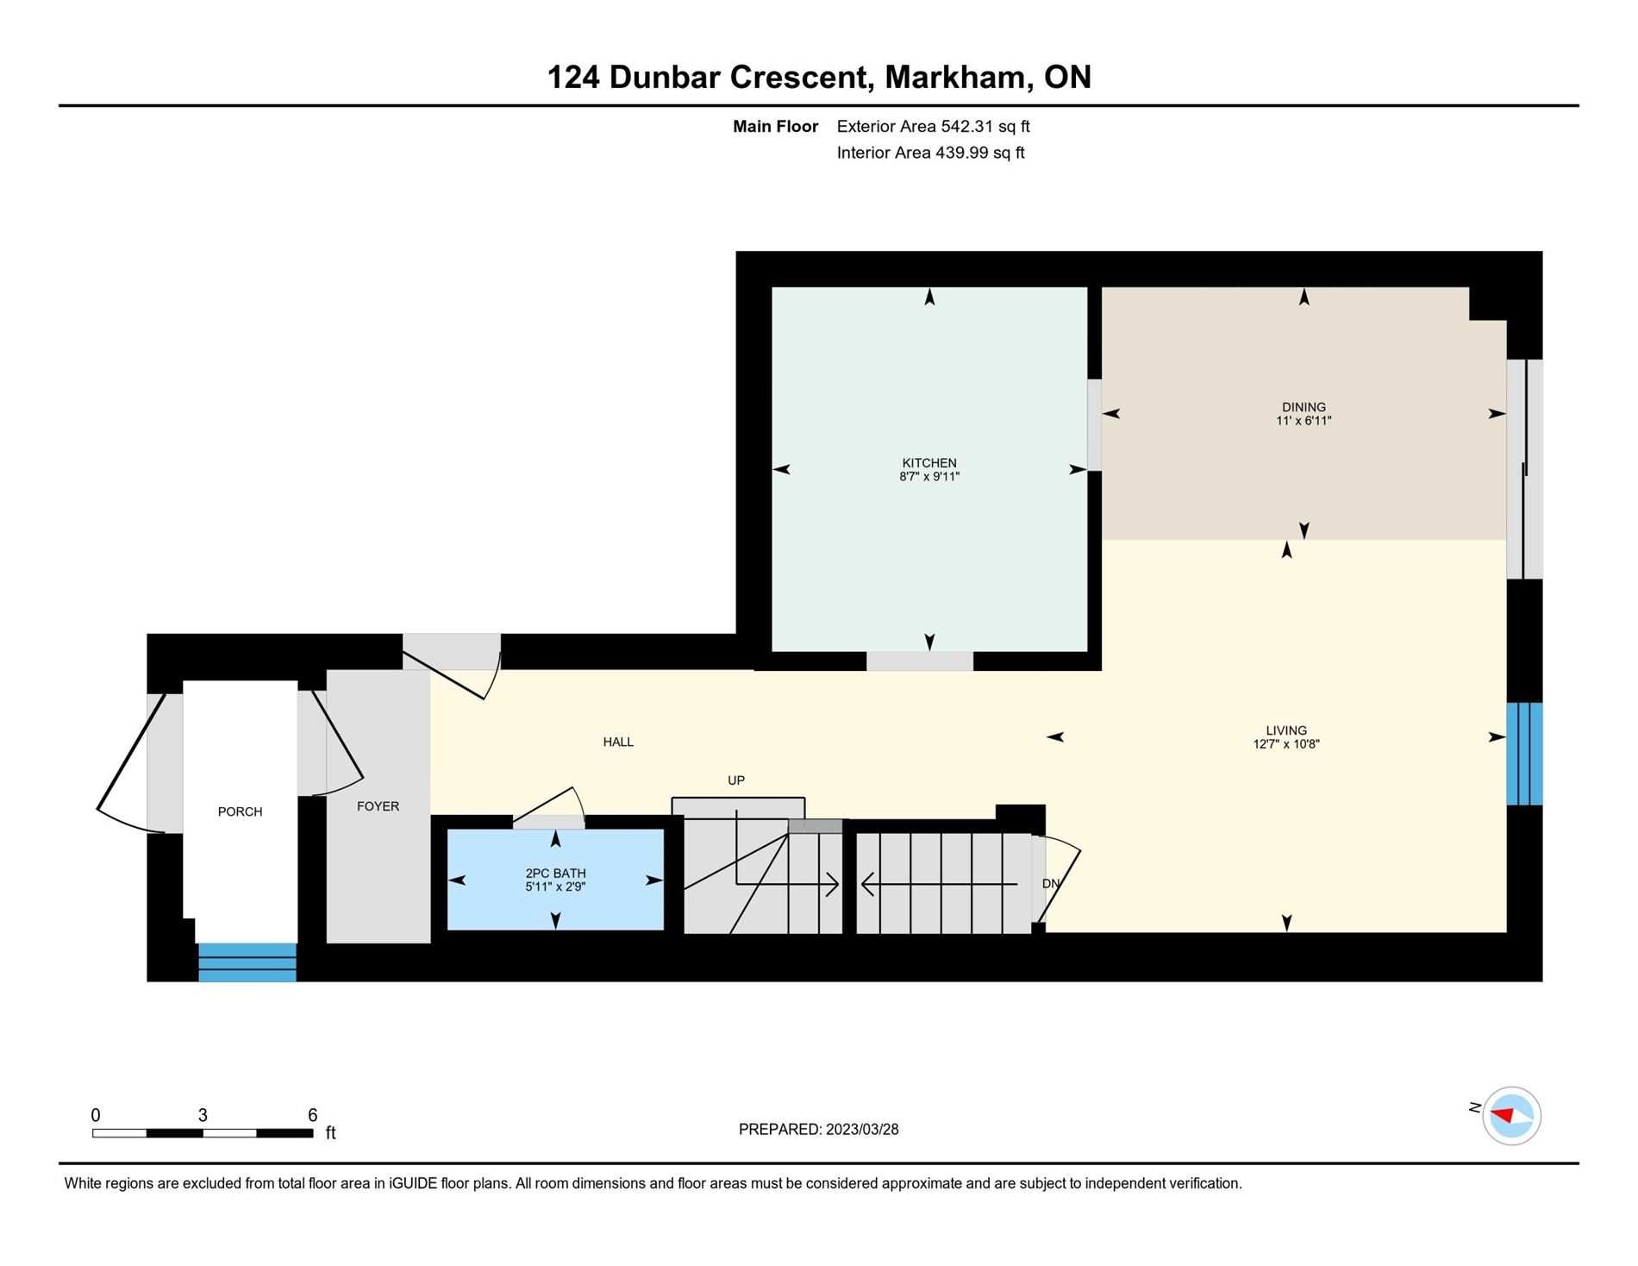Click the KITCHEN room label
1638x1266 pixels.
(929, 463)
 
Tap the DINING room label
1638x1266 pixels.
(1304, 407)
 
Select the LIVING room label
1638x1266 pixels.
(1286, 730)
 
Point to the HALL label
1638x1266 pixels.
(618, 742)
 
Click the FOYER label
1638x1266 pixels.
(378, 806)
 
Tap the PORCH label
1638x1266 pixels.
(240, 812)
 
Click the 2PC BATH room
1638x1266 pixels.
(555, 880)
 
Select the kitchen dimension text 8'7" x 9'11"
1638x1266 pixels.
(929, 476)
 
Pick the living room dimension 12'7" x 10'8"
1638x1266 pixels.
(1286, 743)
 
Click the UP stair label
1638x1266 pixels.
(735, 780)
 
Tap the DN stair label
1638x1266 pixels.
(1051, 884)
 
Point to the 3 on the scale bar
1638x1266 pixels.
(203, 1115)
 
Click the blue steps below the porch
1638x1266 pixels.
(247, 962)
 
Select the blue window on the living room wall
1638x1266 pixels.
(1524, 754)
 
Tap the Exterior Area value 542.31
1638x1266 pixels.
(967, 127)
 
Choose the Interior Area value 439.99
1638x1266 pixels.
(961, 154)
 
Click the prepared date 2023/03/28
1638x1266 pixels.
(862, 1130)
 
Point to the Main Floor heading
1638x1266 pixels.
(775, 127)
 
